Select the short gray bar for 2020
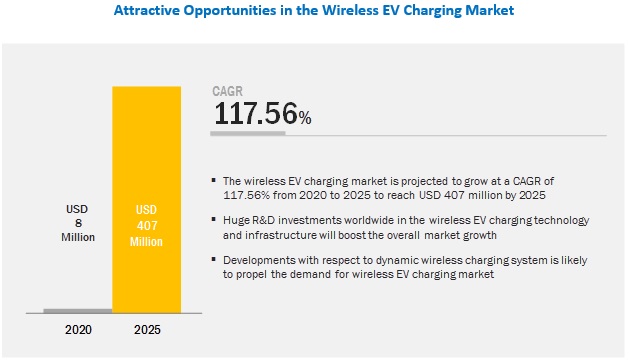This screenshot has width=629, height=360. [x=77, y=311]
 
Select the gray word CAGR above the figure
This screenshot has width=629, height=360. [x=228, y=91]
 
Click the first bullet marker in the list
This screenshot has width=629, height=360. [x=214, y=181]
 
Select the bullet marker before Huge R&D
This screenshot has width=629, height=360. [x=214, y=218]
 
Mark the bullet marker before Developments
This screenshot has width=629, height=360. [x=214, y=259]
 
